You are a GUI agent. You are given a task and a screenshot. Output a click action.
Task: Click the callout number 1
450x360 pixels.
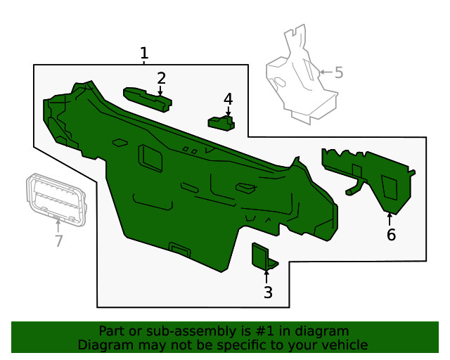[143, 53]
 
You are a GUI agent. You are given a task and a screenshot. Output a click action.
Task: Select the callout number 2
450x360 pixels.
[161, 78]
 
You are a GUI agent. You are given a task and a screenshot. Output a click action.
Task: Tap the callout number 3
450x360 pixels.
[268, 292]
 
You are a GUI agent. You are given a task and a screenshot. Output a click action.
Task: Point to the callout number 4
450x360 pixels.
[228, 99]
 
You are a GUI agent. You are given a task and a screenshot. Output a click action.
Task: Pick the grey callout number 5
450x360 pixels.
[339, 72]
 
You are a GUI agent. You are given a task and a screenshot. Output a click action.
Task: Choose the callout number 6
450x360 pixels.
[391, 235]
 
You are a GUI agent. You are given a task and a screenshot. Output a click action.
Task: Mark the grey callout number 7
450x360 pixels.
[59, 240]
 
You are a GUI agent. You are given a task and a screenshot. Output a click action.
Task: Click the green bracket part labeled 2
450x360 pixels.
[148, 100]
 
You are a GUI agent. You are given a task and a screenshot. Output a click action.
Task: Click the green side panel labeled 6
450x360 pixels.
[371, 178]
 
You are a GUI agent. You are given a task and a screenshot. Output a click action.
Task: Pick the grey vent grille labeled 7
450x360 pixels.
[56, 200]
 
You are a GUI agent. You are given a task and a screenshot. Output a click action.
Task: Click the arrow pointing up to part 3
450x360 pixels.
[266, 276]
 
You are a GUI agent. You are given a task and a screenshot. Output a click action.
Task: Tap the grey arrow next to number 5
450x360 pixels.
[326, 72]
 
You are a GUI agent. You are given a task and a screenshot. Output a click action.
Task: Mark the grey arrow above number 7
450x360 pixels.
[58, 226]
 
